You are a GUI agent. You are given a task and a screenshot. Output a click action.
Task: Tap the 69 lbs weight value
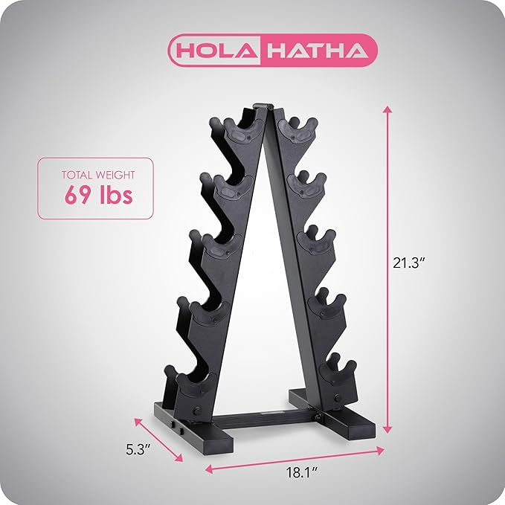(x=99, y=195)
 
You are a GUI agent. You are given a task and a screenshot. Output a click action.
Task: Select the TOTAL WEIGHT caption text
(x=98, y=175)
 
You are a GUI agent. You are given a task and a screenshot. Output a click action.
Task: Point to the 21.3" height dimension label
(x=407, y=263)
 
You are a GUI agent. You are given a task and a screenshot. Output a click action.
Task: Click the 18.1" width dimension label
(x=302, y=473)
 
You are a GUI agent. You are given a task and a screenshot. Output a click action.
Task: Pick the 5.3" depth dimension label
(x=138, y=449)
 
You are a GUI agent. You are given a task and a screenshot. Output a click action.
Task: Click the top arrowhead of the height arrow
(x=387, y=109)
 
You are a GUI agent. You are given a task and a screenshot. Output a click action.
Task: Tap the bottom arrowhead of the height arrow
(x=387, y=429)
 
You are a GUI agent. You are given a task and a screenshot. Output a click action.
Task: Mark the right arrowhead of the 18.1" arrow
(x=380, y=451)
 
